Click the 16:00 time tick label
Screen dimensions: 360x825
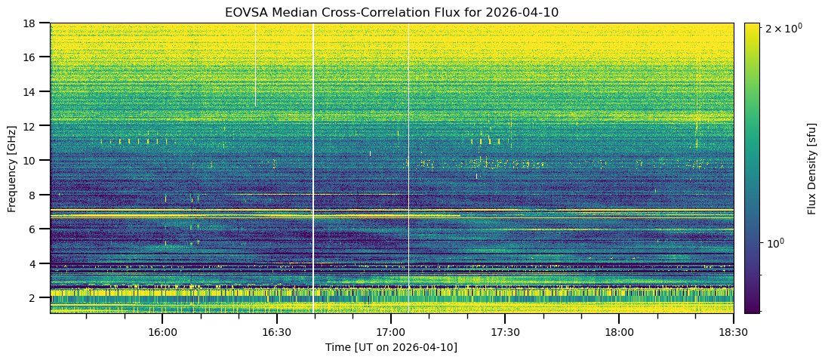tap(162, 332)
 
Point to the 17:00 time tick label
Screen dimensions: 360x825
tap(391, 332)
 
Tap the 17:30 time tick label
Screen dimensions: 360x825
tap(505, 332)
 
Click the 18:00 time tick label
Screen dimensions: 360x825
tap(619, 332)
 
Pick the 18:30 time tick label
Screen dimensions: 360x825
tap(733, 332)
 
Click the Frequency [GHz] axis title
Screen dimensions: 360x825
tap(11, 168)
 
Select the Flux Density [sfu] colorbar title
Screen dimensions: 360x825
tap(812, 168)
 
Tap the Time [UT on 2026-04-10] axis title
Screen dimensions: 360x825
tap(391, 347)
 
